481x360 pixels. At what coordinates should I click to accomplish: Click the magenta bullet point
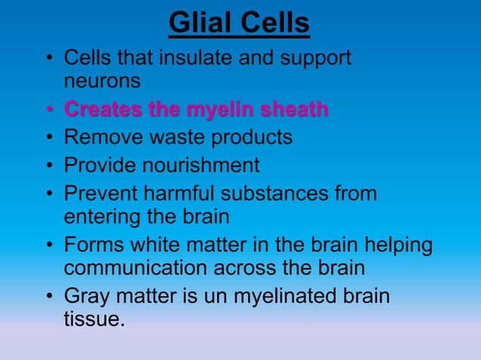[x=48, y=111]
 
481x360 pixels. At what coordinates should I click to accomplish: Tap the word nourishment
[x=199, y=165]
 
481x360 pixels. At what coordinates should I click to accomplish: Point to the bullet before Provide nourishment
[x=48, y=166]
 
